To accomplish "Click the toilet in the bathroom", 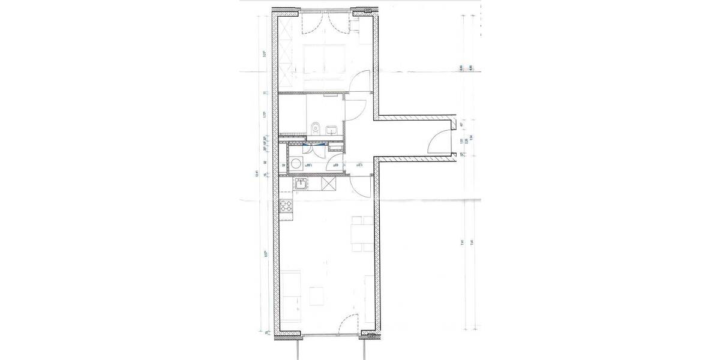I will click(316, 127).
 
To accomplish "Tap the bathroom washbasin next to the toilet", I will click(331, 129).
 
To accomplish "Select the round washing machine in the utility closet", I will click(296, 164).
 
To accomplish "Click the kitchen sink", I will click(299, 184).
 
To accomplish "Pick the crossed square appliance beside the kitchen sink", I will click(330, 184).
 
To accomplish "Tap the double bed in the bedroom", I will click(324, 62).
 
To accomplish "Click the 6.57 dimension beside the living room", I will click(265, 254).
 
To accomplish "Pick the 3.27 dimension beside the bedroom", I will click(265, 53).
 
